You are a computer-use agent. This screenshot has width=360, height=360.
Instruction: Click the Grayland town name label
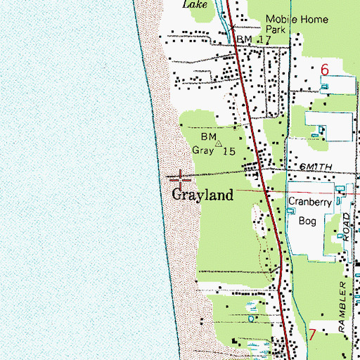click(x=203, y=195)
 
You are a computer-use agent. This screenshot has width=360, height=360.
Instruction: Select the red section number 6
click(x=324, y=70)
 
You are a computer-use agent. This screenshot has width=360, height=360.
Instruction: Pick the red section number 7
click(x=311, y=334)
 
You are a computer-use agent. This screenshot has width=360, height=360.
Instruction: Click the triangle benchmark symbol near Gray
click(x=218, y=143)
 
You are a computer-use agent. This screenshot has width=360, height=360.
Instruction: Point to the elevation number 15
click(x=229, y=150)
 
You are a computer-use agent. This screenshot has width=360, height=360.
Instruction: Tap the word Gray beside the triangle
click(x=204, y=150)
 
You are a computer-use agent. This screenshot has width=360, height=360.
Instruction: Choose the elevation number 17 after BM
click(x=264, y=41)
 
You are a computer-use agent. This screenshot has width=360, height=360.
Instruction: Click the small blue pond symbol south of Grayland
click(x=253, y=345)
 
